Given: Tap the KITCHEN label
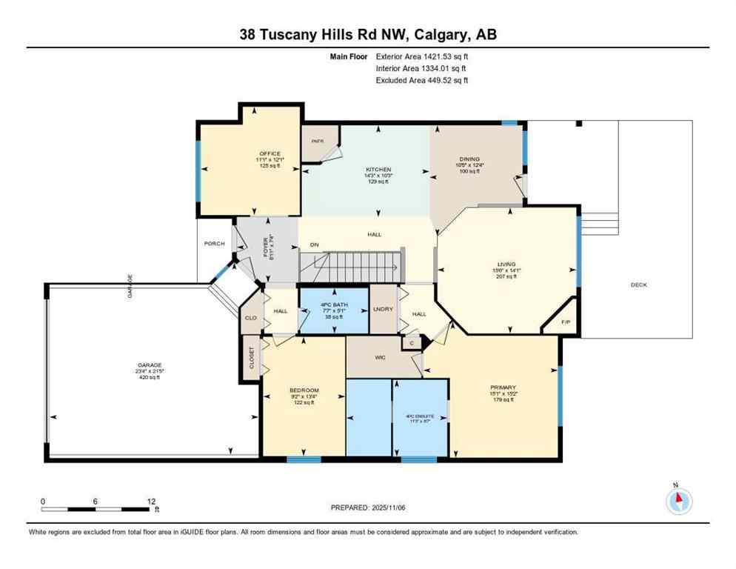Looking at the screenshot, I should coord(378,170).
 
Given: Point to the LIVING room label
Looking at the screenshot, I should coord(507,264).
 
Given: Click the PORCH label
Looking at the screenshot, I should coord(214,244).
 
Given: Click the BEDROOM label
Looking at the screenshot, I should coord(304,390).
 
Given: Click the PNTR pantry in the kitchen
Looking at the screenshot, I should coord(317,140).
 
